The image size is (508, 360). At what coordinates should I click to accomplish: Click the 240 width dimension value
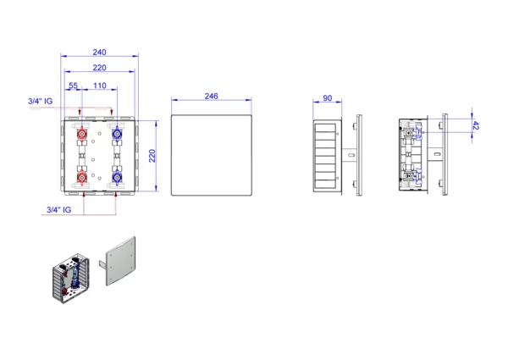point(99,53)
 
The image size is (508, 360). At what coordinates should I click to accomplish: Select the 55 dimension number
point(73,86)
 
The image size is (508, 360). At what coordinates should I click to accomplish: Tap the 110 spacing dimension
point(99,86)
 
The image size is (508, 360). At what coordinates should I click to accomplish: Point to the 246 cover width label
point(211,97)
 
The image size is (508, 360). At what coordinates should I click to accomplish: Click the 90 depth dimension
point(327,98)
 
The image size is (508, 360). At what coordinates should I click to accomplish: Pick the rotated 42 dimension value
point(475,125)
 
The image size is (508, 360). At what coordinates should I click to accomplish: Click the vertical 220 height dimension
point(152,156)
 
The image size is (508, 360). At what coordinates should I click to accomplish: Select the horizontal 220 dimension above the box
point(99,68)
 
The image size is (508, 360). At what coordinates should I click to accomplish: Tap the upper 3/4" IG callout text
point(40,101)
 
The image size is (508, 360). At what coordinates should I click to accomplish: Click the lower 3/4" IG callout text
point(58,210)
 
